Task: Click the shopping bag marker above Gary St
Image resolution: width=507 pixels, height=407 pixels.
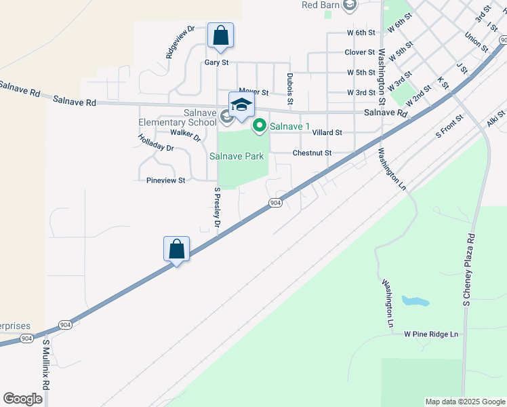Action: pyautogui.click(x=220, y=35)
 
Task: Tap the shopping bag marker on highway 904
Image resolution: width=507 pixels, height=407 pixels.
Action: pyautogui.click(x=176, y=249)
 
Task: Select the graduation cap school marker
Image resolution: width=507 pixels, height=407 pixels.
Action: pyautogui.click(x=241, y=104)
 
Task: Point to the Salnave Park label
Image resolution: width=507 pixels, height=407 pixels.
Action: pyautogui.click(x=237, y=156)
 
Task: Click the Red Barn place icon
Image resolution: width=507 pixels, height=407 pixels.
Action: pyautogui.click(x=350, y=6)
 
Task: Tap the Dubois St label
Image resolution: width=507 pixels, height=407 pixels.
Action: pyautogui.click(x=289, y=89)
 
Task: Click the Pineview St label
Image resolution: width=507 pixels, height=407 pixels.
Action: pyautogui.click(x=166, y=180)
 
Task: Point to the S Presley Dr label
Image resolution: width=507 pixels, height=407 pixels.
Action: pyautogui.click(x=218, y=208)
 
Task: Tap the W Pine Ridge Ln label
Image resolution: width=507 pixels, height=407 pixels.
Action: pyautogui.click(x=431, y=334)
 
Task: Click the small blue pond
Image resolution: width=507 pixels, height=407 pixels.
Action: pyautogui.click(x=415, y=301)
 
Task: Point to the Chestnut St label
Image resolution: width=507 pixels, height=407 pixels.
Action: pyautogui.click(x=312, y=153)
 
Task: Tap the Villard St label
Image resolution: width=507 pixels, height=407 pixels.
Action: pyautogui.click(x=327, y=133)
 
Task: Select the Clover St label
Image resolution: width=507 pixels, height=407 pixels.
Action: pyautogui.click(x=359, y=52)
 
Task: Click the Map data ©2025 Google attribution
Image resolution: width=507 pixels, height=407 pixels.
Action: pyautogui.click(x=464, y=402)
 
